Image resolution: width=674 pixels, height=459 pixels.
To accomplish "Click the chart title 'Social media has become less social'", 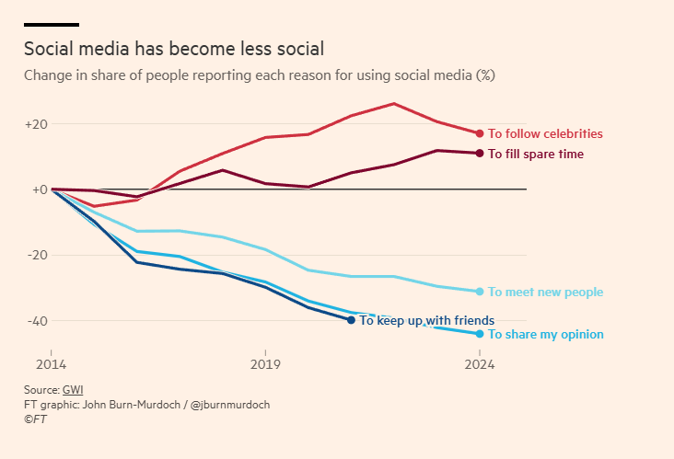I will [174, 49].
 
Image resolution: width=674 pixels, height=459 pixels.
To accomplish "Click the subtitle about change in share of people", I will [260, 75].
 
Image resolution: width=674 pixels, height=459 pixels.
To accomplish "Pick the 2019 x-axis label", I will [265, 364].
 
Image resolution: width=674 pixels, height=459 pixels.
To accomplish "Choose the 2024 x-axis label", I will [480, 364].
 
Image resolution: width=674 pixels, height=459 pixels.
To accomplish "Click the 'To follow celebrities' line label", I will [545, 133].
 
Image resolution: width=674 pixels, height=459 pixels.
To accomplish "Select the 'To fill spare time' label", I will [536, 154].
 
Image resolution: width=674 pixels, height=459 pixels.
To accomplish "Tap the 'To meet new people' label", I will [545, 293].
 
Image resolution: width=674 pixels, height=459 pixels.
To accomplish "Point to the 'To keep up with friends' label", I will [427, 321].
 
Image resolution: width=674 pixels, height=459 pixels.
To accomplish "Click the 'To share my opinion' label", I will [545, 335].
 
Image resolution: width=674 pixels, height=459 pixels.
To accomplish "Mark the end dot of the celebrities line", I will [480, 133].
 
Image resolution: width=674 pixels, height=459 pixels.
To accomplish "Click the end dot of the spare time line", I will [480, 153].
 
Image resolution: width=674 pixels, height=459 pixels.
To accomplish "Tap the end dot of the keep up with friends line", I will [351, 320].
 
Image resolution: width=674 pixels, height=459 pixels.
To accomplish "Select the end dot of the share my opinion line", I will [480, 334].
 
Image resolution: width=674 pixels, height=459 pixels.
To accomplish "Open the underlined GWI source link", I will [73, 390].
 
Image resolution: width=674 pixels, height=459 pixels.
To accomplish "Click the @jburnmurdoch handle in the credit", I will [231, 405].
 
